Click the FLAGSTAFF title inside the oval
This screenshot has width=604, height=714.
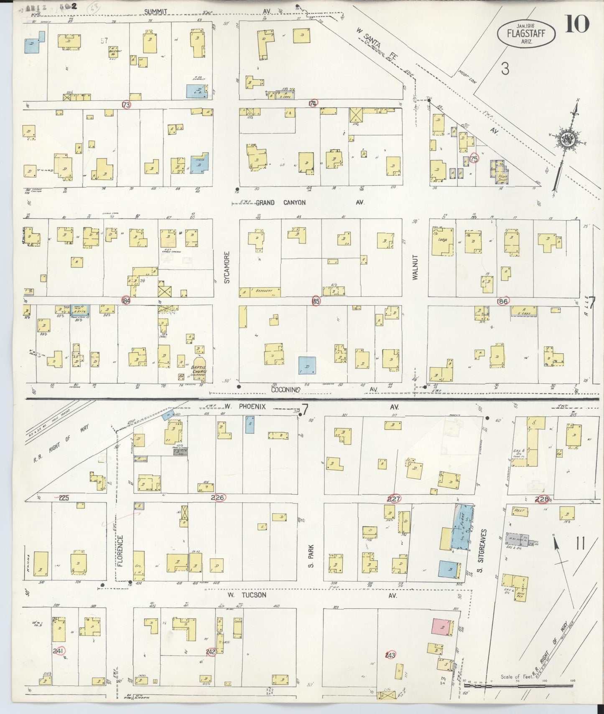tap(526, 33)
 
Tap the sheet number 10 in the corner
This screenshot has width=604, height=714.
tap(577, 24)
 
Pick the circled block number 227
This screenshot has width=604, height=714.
tap(394, 499)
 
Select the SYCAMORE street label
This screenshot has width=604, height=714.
tap(227, 267)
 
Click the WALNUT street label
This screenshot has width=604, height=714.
tap(415, 267)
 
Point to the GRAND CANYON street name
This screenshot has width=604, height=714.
tap(280, 203)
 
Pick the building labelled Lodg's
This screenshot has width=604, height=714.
tap(443, 241)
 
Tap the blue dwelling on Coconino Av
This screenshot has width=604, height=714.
tap(307, 365)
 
